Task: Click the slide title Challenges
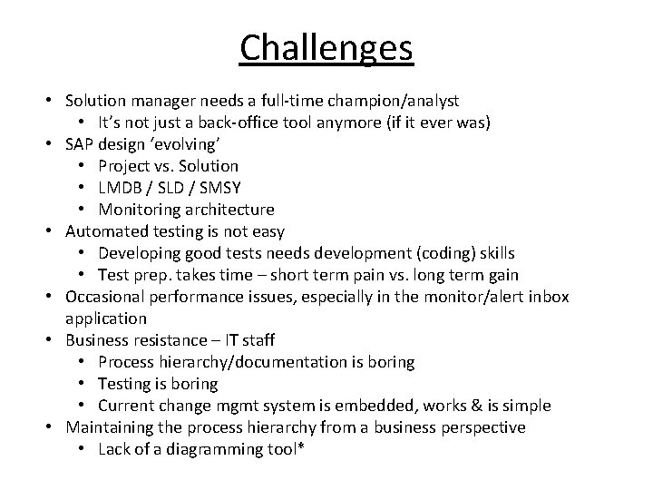click(x=326, y=47)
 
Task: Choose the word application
click(x=106, y=318)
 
